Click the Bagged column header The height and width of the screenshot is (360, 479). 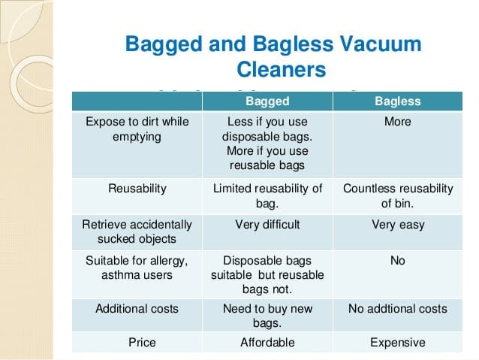[267, 101]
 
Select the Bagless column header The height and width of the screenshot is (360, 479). [398, 101]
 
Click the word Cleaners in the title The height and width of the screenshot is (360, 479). [282, 69]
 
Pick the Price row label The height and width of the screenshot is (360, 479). [142, 343]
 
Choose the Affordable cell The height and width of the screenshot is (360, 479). [267, 343]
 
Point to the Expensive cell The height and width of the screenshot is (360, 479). [398, 343]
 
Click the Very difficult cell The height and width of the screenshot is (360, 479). [267, 225]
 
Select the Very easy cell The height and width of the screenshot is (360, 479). [398, 225]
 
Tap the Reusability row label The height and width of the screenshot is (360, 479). [137, 189]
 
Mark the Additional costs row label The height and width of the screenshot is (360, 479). [137, 309]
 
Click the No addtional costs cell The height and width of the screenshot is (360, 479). [398, 309]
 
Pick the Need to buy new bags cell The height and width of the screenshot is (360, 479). [267, 316]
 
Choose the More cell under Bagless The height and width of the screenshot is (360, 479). [397, 122]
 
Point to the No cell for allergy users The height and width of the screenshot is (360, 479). [398, 261]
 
